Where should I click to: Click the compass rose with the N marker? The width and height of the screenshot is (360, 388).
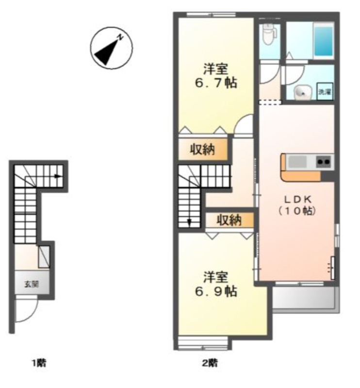tap(112, 48)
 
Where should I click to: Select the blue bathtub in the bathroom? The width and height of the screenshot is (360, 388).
tap(323, 41)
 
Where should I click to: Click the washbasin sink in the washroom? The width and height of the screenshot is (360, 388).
tap(301, 93)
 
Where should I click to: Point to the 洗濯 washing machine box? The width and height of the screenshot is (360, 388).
tap(325, 92)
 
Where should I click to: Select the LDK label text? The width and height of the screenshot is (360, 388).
tap(297, 199)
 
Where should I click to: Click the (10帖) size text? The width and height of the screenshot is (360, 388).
tap(297, 211)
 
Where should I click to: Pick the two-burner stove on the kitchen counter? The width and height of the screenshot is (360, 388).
tap(324, 162)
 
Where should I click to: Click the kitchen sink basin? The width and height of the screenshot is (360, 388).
tap(297, 162)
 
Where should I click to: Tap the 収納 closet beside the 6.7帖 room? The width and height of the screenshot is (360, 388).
tap(203, 149)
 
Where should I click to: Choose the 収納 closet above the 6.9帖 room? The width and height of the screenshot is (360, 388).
tap(229, 220)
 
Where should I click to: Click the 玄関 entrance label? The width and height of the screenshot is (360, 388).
tap(32, 284)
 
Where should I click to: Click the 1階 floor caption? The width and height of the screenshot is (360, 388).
tap(39, 363)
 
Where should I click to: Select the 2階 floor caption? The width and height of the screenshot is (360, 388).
tap(210, 363)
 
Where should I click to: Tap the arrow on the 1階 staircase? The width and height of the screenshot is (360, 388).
tap(58, 176)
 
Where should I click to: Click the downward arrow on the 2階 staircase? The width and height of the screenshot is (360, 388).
tap(190, 223)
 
